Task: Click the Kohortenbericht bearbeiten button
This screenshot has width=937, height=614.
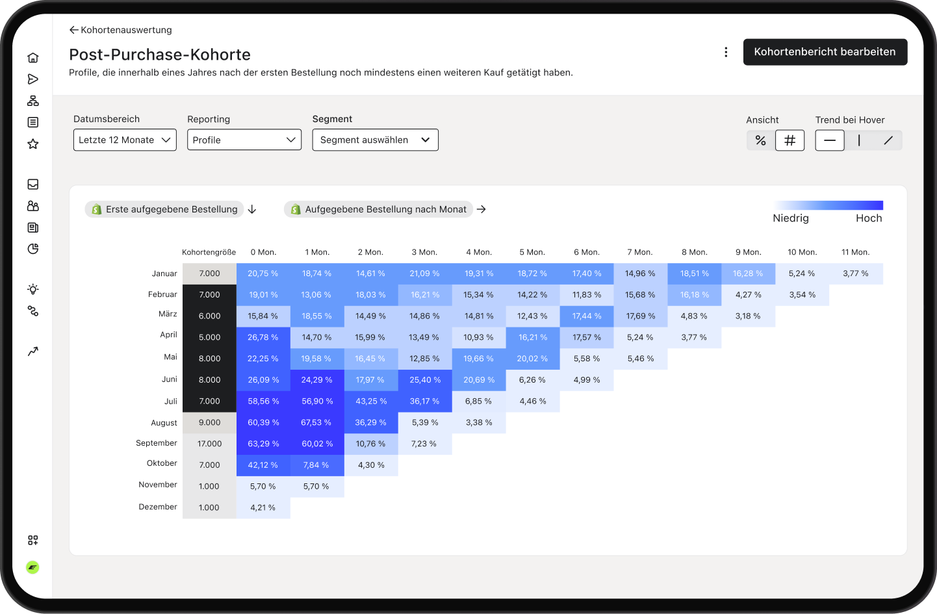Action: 825,52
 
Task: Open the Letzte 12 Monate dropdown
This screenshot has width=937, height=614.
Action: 125,140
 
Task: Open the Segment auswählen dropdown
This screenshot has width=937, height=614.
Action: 375,140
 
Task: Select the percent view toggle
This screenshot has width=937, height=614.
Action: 760,140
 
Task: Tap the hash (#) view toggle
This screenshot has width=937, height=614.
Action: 789,140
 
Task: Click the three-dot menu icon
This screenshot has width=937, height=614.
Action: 726,52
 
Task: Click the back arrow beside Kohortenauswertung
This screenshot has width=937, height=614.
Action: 73,30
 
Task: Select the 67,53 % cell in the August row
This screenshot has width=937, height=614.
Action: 316,422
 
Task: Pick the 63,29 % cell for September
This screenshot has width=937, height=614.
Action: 263,444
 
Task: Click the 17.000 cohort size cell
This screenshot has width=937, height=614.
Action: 209,444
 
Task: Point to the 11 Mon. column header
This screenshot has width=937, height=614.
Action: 855,252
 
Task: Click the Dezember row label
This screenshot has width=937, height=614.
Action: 158,507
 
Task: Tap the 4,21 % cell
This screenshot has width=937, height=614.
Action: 263,507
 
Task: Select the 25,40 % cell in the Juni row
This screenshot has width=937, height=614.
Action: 425,380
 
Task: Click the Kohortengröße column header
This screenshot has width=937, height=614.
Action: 209,252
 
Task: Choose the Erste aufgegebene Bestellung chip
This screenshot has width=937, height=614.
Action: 164,209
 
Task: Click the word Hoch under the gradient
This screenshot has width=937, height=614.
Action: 869,218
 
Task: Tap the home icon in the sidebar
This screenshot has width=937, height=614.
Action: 33,58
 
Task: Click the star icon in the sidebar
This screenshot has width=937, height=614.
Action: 33,144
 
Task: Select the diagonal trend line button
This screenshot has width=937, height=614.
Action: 888,140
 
